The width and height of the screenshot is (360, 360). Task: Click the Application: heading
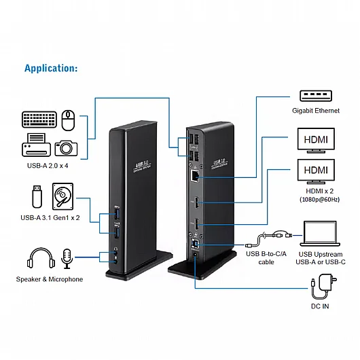pos(51,68)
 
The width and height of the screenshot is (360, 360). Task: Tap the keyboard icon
pos(40,120)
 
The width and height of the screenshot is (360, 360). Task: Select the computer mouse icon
pos(68,120)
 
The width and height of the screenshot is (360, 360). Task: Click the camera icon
pos(67,147)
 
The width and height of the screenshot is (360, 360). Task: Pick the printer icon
pos(37,145)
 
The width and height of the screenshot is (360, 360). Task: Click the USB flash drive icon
pos(38,196)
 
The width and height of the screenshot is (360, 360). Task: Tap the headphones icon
pos(40,259)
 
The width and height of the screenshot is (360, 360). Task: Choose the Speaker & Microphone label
pos(50,279)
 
